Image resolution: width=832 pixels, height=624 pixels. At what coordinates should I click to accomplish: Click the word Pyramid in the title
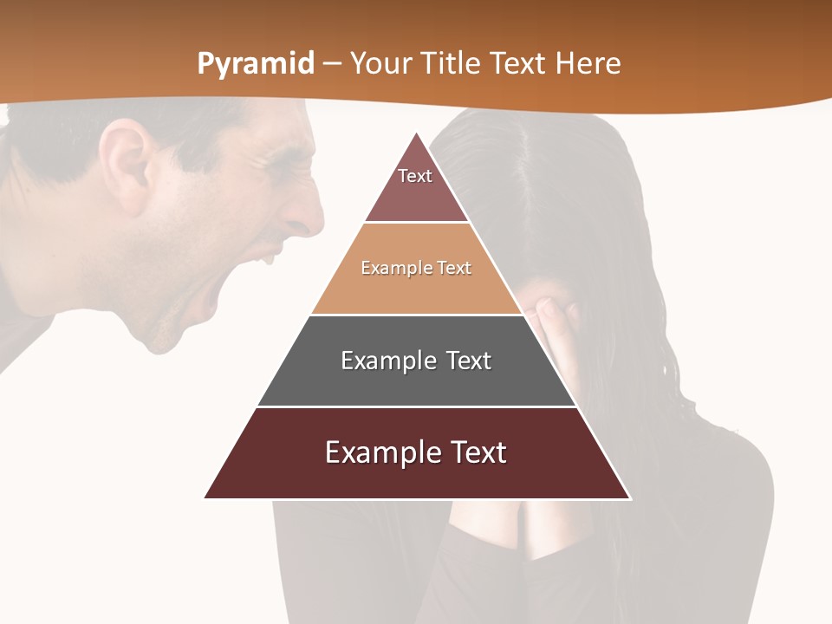255,64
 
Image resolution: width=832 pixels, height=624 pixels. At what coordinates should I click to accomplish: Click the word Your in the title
380,63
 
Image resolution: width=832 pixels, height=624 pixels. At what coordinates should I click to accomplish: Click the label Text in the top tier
415,176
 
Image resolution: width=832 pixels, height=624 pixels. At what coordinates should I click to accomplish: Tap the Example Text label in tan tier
416,268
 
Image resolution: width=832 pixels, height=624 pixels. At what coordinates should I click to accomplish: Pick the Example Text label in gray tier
416,361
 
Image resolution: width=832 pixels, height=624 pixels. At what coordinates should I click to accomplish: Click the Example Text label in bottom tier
416,452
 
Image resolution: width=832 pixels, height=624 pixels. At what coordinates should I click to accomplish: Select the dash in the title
332,64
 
